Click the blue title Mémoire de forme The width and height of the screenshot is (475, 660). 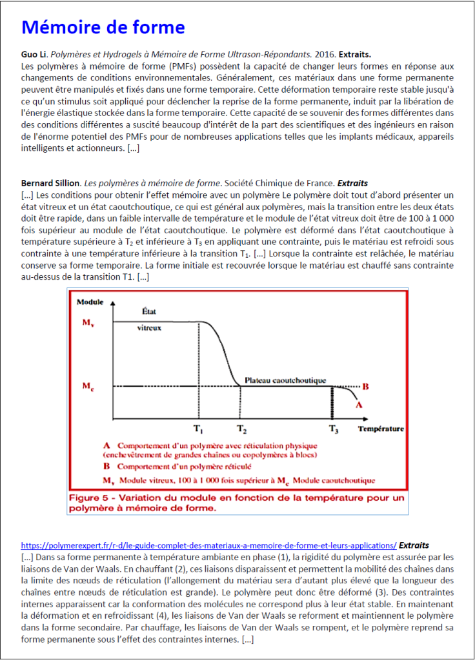click(x=103, y=28)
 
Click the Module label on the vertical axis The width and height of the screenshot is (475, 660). click(x=90, y=302)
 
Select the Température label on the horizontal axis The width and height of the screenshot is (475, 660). click(x=381, y=428)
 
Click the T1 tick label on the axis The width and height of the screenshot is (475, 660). click(x=199, y=429)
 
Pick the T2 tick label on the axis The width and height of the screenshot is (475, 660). click(x=241, y=429)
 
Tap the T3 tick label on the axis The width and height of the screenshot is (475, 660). click(x=333, y=429)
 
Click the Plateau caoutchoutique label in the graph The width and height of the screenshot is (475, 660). click(x=285, y=380)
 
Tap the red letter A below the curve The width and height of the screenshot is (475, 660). click(x=358, y=405)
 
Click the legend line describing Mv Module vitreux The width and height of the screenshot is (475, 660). click(x=239, y=480)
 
